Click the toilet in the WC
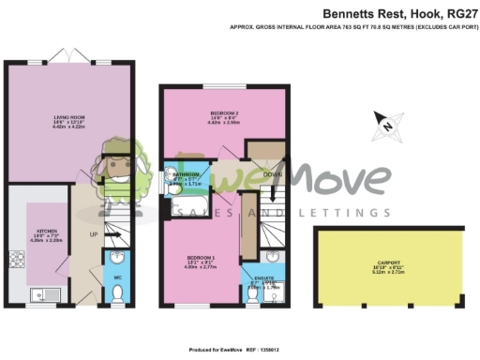coord(116,294)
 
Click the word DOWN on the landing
coord(274,174)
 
